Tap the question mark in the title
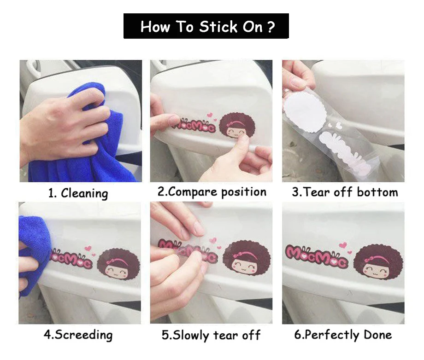coord(271,27)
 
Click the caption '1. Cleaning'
coord(78,193)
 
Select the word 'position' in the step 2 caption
coord(244,192)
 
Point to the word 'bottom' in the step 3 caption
coord(377,192)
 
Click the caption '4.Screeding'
coord(78,335)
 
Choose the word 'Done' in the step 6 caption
coord(378,335)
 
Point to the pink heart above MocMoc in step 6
coord(343,245)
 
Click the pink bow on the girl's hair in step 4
coord(111,261)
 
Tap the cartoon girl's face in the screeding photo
coord(118,270)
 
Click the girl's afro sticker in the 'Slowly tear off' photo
coord(247,258)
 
